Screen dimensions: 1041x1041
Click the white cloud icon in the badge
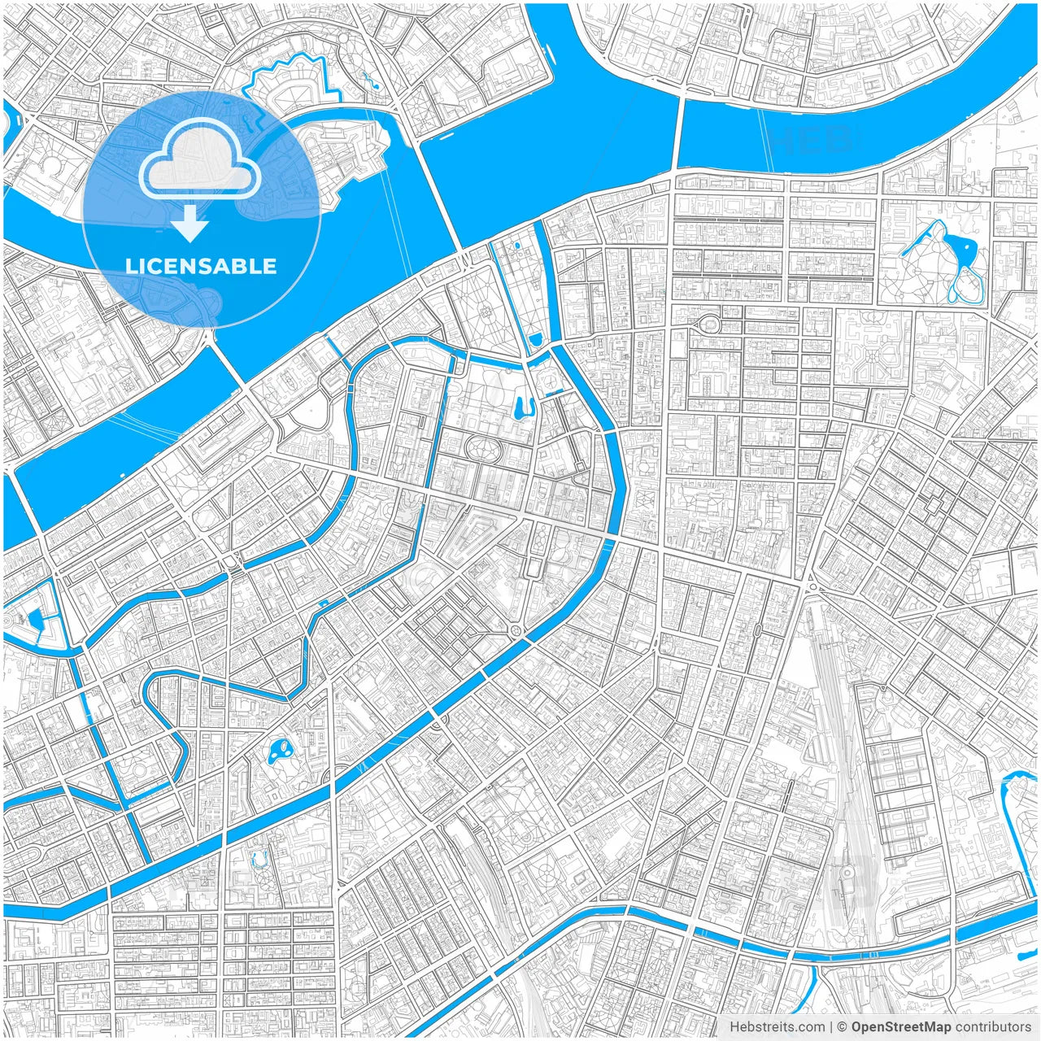point(199,163)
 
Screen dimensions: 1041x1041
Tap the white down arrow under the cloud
point(189,223)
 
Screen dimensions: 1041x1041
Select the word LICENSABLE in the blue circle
point(201,266)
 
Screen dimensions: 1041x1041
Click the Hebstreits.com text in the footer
point(777,1027)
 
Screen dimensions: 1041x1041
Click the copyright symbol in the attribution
point(843,1027)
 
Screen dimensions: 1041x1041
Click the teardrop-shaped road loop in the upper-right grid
point(710,323)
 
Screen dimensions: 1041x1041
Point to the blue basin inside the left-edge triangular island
point(35,621)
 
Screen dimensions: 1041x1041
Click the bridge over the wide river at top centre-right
point(677,134)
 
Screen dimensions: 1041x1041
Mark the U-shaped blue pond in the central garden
point(525,404)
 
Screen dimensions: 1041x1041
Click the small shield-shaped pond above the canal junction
point(534,338)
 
